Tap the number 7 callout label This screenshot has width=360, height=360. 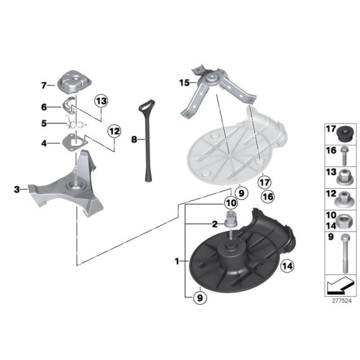44,85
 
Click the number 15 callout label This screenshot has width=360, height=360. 184,82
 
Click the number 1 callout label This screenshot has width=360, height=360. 178,261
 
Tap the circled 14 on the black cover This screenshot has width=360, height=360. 287,266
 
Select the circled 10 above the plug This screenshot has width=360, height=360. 230,203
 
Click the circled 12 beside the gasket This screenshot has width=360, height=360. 114,131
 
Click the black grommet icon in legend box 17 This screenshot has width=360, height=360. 343,134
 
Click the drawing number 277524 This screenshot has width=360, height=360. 341,301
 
